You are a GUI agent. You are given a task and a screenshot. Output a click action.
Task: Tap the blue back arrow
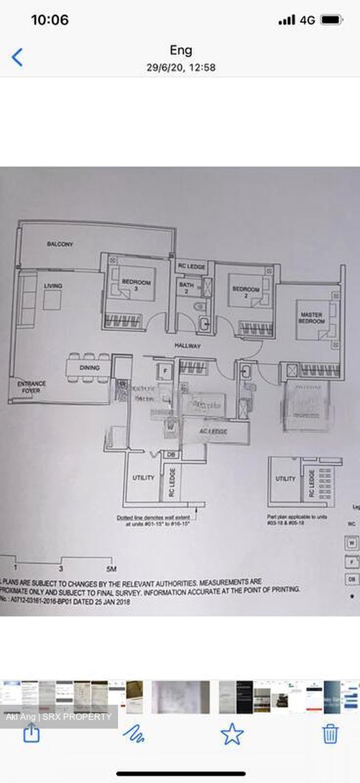pos(17,57)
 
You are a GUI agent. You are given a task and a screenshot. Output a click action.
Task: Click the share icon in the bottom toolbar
pos(32,734)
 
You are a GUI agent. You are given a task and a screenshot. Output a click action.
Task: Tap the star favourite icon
pos(232,734)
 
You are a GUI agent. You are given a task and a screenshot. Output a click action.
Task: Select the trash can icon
pos(330,734)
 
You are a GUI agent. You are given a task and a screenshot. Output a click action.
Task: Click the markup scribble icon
pos(133,734)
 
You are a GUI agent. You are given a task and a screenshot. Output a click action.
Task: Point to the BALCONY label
pos(60,245)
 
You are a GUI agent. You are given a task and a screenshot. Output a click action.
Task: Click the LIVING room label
pos(53,286)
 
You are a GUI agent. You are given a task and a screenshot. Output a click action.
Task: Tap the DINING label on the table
pos(90,368)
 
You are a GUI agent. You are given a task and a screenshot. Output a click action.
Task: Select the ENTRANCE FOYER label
pos(32,387)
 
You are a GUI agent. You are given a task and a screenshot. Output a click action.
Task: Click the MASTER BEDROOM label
pos(312,318)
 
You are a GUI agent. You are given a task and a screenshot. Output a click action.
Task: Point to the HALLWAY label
pos(188,346)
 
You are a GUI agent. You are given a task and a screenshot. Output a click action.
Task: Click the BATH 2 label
pos(186,288)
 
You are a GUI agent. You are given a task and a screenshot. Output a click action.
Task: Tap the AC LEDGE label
pos(214,431)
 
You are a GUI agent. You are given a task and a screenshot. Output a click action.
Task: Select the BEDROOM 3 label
pos(136,285)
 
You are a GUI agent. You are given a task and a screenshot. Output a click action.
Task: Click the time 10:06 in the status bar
pos(49,20)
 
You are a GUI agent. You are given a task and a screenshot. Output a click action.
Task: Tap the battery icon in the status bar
pos(331,20)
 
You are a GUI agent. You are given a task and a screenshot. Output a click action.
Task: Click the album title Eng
pos(181,51)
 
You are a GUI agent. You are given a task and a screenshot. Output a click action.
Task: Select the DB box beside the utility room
pos(171,455)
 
